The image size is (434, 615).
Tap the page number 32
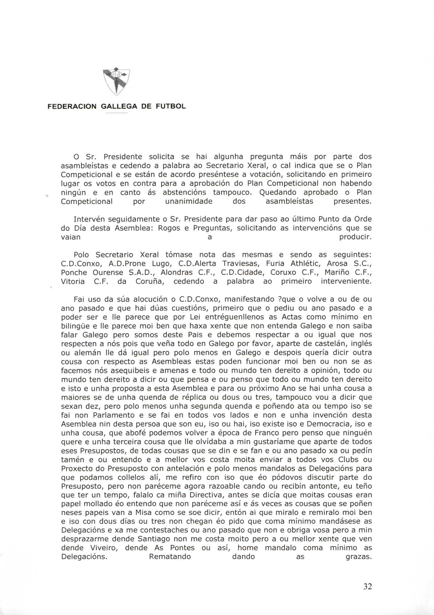click(367, 577)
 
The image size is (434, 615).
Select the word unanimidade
click(189, 202)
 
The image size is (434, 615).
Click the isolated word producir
click(355, 237)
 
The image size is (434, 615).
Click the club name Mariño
click(336, 273)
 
